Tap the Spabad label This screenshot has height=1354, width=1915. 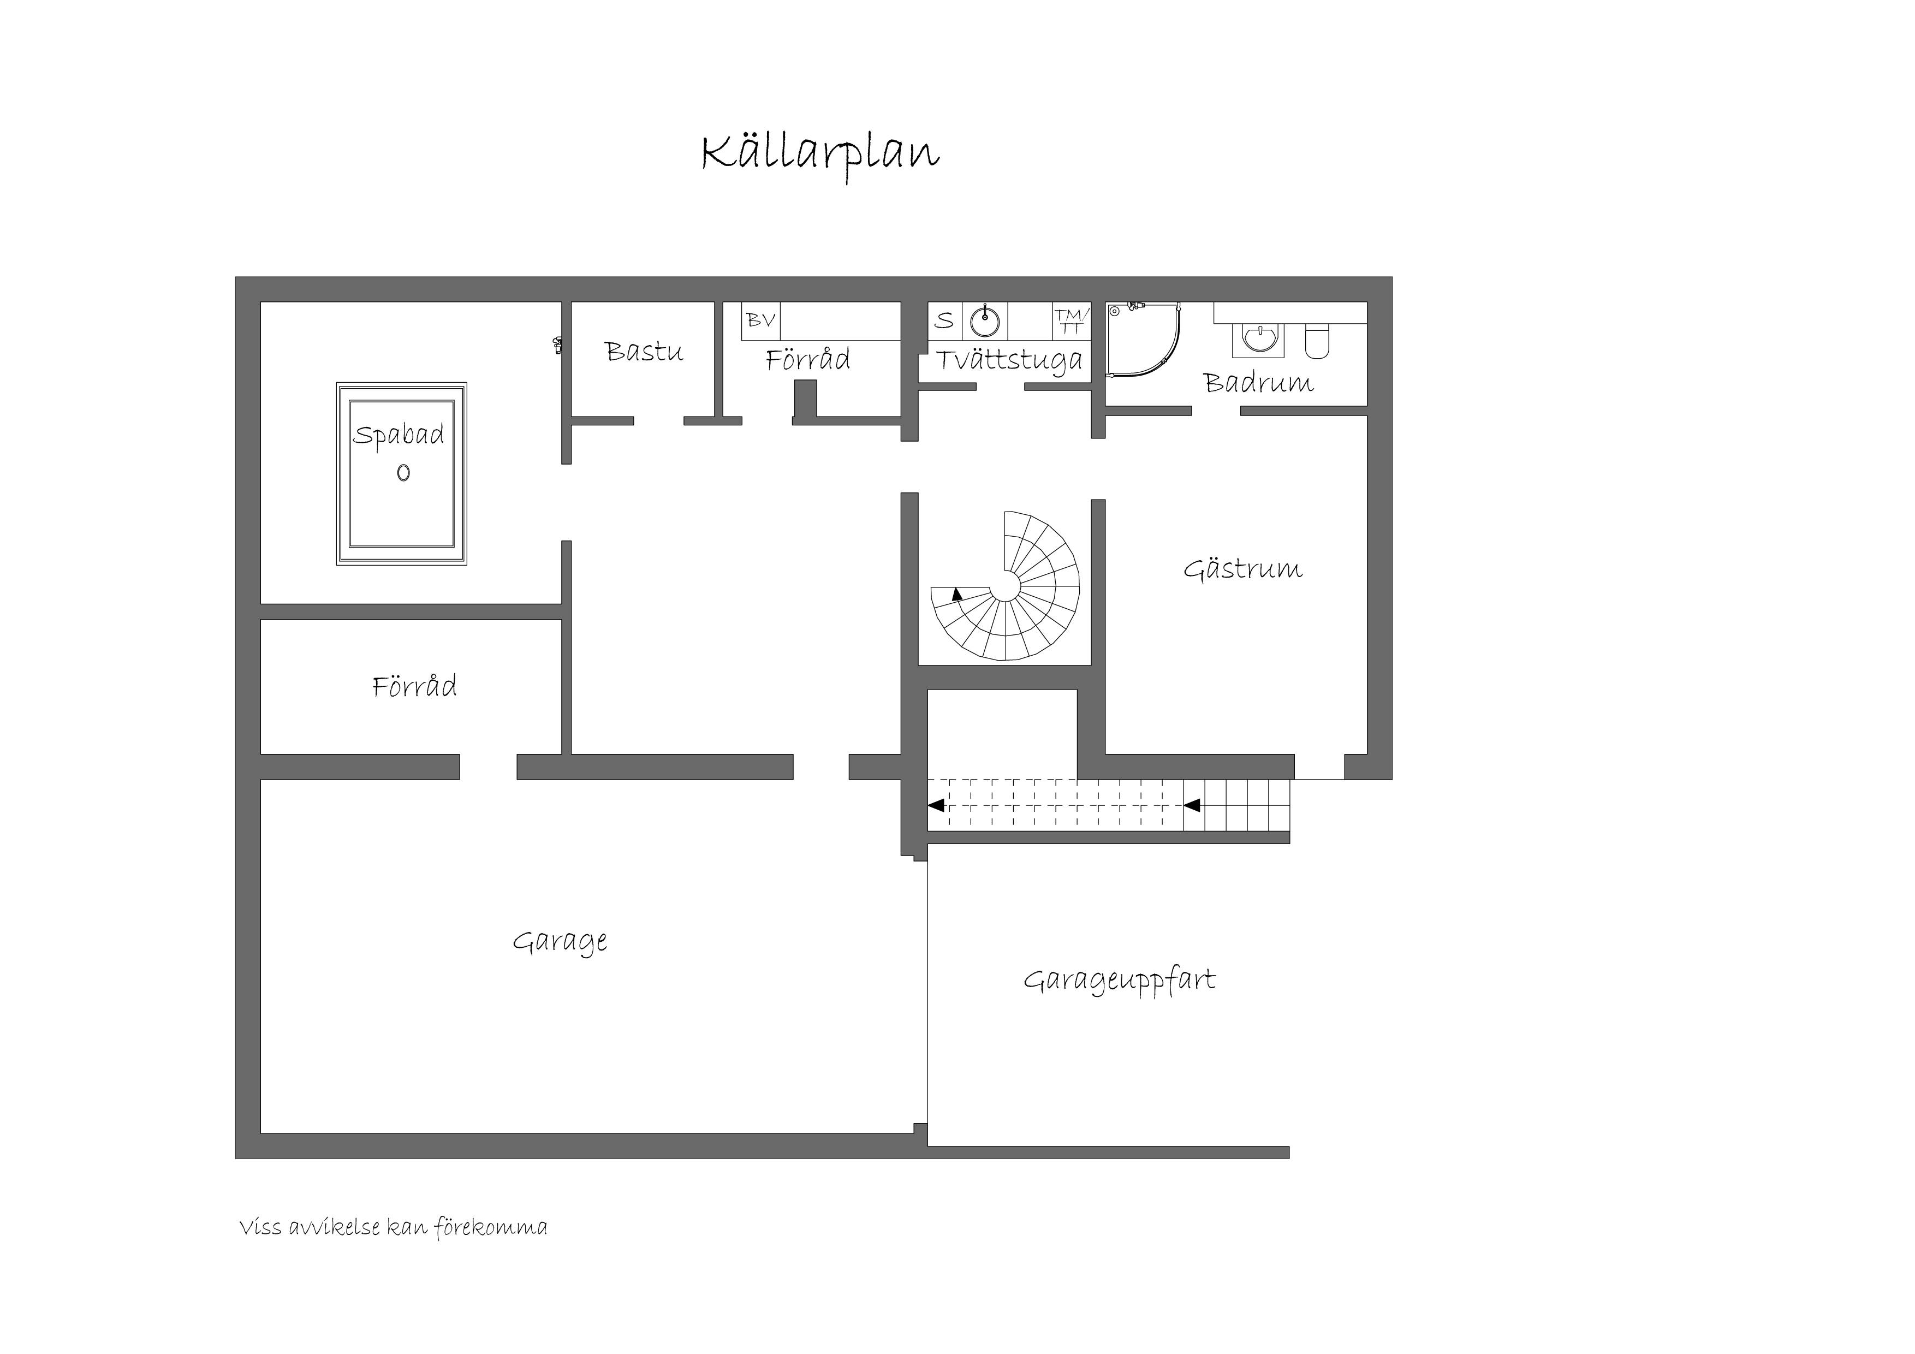click(x=399, y=435)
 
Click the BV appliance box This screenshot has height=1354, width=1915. click(x=760, y=320)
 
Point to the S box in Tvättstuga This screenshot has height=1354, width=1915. click(x=945, y=320)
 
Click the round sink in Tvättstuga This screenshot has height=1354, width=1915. click(x=985, y=320)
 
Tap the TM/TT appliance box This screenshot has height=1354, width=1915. click(x=1072, y=320)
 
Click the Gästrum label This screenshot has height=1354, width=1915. click(x=1243, y=569)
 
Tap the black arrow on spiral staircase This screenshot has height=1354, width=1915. click(x=957, y=594)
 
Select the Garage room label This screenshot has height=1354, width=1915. click(x=560, y=942)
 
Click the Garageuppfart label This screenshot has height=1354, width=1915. click(x=1119, y=980)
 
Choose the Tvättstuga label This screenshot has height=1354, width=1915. click(x=1009, y=360)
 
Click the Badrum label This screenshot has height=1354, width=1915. click(x=1259, y=383)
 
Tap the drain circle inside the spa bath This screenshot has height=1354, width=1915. click(x=403, y=473)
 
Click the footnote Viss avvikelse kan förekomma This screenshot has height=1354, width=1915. click(x=393, y=1227)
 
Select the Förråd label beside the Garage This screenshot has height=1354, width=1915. click(x=414, y=687)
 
